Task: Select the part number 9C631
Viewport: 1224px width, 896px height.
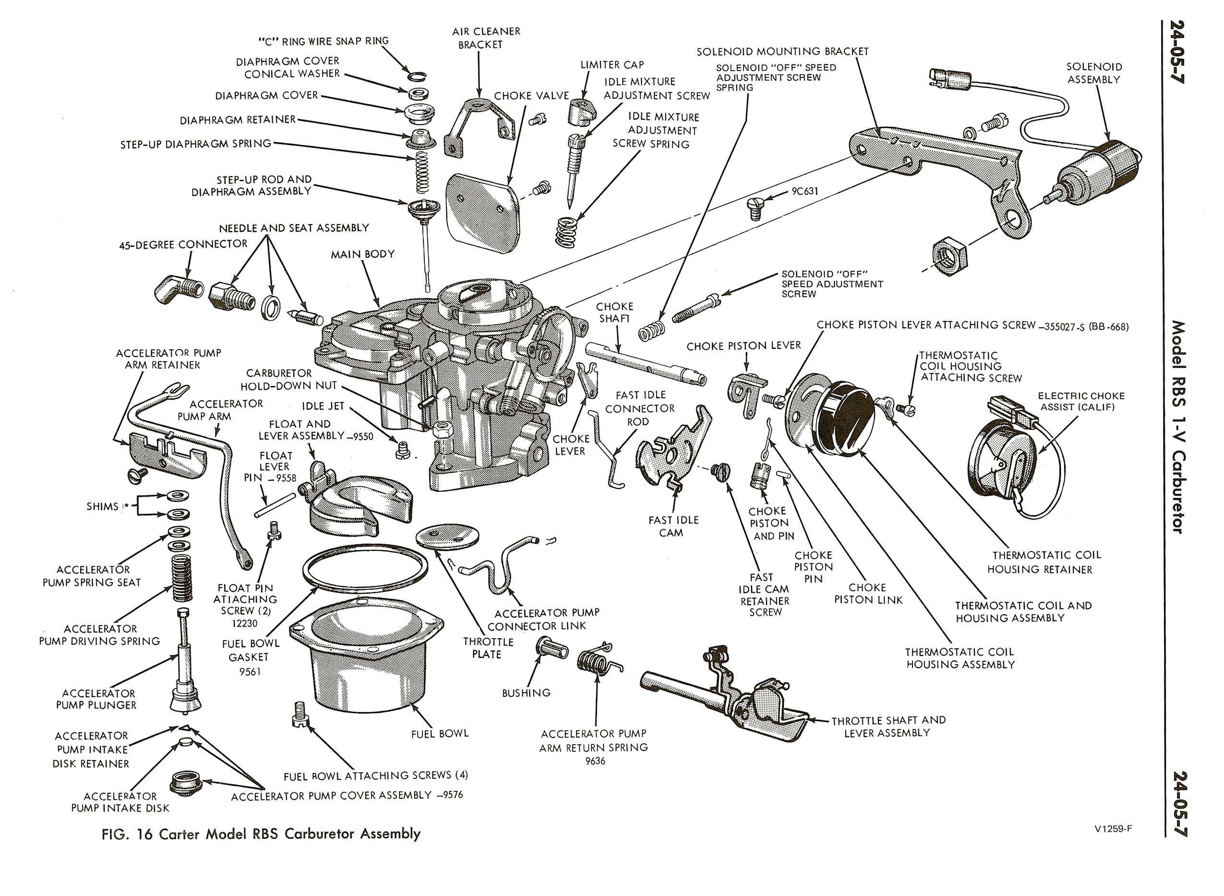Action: point(804,191)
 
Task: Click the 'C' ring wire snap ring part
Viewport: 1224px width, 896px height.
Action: point(417,76)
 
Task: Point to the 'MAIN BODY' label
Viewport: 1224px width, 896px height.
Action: point(363,254)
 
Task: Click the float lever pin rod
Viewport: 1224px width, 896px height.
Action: point(275,505)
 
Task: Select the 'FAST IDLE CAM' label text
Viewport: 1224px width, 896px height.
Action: point(673,526)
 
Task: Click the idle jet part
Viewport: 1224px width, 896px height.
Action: point(402,450)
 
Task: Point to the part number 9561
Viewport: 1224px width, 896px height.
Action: point(250,671)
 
